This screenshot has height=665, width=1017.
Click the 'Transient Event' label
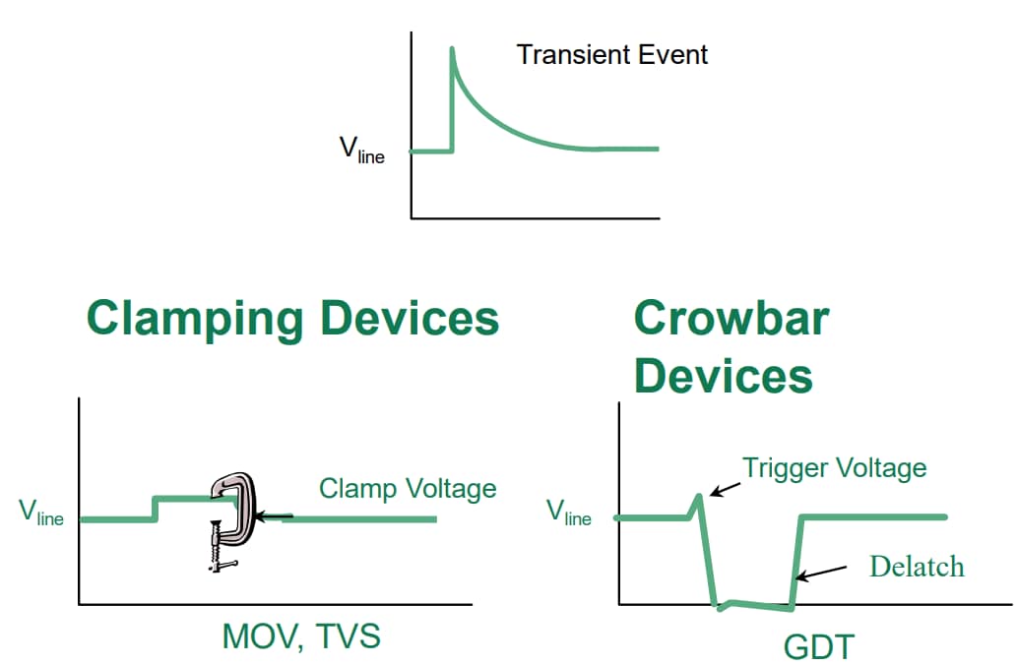point(611,54)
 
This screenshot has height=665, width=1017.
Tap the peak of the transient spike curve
point(452,48)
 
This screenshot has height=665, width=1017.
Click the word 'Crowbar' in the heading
point(731,318)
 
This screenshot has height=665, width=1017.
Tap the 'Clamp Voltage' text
point(408,489)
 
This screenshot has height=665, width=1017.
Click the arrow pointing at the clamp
point(274,514)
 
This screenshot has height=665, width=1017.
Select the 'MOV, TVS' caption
point(300,636)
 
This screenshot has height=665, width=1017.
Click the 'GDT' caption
point(819,647)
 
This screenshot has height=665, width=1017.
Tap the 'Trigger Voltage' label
point(834,467)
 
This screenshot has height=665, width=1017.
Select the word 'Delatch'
point(917,567)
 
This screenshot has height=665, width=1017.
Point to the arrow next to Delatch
point(823,572)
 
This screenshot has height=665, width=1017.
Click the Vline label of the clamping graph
point(40,513)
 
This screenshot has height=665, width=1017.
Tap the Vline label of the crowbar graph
point(568,512)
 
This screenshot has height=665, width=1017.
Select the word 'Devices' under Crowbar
point(724,376)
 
